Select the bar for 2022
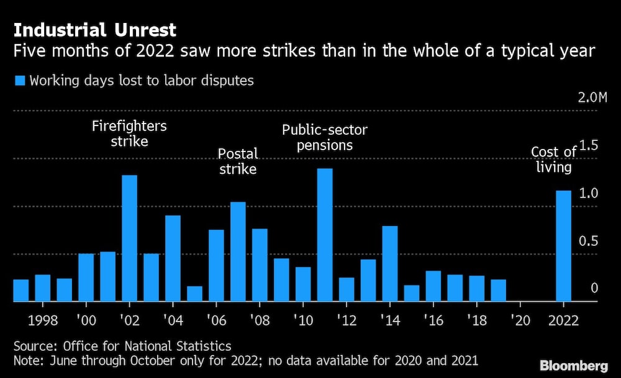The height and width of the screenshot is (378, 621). point(563,246)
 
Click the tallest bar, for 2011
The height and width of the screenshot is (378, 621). point(325,235)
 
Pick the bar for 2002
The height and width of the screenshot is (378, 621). point(129,238)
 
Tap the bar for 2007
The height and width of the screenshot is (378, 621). point(238,251)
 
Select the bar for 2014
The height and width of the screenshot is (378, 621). point(390,264)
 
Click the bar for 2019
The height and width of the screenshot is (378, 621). point(499,290)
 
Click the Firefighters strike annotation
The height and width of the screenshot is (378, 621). point(129,133)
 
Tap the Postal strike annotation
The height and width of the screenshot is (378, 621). point(238,161)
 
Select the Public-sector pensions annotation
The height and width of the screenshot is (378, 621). point(325,138)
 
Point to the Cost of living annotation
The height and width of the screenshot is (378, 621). point(554,160)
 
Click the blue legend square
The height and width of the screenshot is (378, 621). point(19,81)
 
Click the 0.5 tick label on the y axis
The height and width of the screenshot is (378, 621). point(591,241)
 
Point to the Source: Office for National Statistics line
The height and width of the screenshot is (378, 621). point(122,346)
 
